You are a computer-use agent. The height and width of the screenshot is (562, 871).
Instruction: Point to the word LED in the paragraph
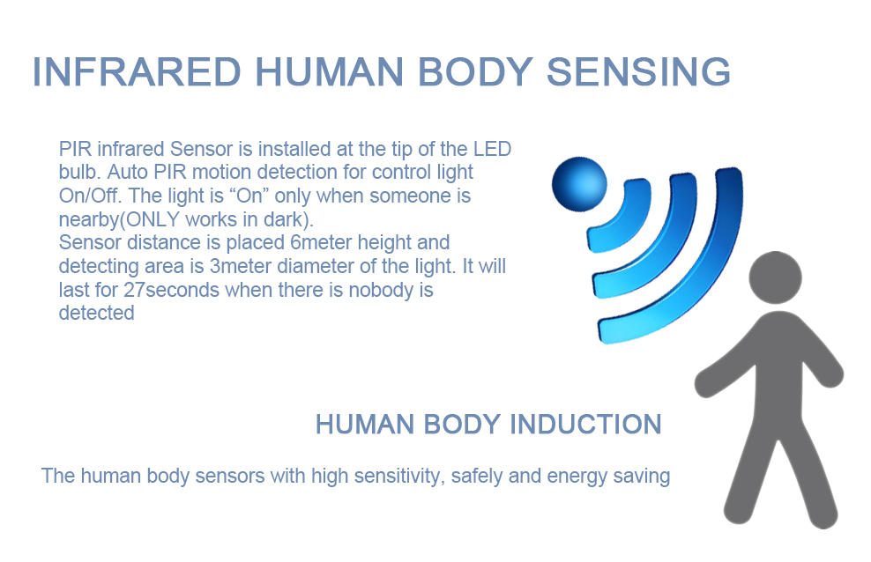tap(492, 148)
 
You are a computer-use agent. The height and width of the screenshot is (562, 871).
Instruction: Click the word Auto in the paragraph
tap(131, 172)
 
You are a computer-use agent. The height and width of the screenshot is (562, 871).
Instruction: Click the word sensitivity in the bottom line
tap(396, 477)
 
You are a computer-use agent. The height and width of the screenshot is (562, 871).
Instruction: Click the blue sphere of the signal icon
tap(578, 183)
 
